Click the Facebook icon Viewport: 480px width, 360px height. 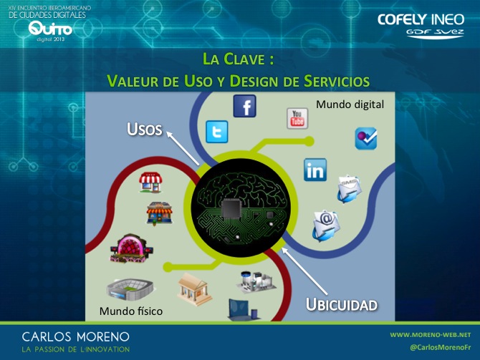(x=244, y=106)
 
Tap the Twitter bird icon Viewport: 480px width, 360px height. (x=217, y=132)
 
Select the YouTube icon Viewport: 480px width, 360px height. (x=297, y=118)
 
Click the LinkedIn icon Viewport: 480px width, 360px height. (x=315, y=170)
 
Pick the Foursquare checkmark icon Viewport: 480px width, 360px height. (x=366, y=138)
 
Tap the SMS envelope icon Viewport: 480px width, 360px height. (x=349, y=188)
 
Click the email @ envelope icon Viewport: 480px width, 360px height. (x=326, y=225)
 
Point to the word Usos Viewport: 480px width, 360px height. (x=145, y=129)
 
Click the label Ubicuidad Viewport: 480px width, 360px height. (x=342, y=305)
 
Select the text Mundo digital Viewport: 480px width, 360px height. (x=350, y=104)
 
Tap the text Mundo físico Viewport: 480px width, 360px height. (x=131, y=311)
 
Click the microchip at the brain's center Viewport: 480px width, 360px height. (x=231, y=210)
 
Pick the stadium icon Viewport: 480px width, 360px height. (x=130, y=288)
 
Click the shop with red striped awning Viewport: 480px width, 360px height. (x=150, y=183)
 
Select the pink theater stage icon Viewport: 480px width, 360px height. (x=131, y=248)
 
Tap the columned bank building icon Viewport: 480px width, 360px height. (x=194, y=289)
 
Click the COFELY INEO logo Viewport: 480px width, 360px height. (x=421, y=26)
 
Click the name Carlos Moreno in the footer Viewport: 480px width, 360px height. (x=76, y=337)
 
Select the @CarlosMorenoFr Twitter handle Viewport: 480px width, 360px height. (x=441, y=347)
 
